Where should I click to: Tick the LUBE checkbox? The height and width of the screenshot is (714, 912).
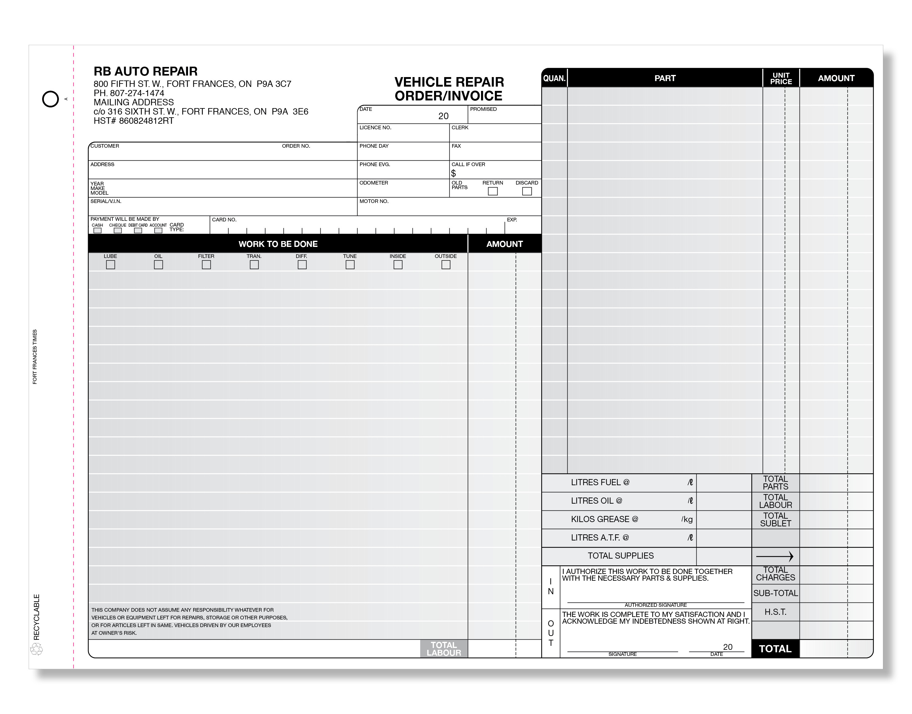pyautogui.click(x=110, y=265)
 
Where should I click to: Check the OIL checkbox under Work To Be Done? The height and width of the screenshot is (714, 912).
pyautogui.click(x=158, y=265)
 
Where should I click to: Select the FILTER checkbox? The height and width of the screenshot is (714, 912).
pyautogui.click(x=206, y=265)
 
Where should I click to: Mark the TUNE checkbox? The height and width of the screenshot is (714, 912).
pyautogui.click(x=350, y=265)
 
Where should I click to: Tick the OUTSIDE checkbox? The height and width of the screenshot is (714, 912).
pyautogui.click(x=446, y=265)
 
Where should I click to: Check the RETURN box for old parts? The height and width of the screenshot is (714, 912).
pyautogui.click(x=493, y=191)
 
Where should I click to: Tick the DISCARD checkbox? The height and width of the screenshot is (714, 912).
pyautogui.click(x=527, y=191)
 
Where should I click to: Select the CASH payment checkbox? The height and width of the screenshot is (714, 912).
pyautogui.click(x=97, y=230)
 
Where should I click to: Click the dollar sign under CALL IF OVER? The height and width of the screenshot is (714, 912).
pyautogui.click(x=454, y=173)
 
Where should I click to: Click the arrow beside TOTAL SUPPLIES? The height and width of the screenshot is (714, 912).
pyautogui.click(x=775, y=556)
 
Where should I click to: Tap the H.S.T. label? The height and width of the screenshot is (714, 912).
pyautogui.click(x=775, y=612)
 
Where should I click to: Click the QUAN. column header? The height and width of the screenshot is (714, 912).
pyautogui.click(x=554, y=78)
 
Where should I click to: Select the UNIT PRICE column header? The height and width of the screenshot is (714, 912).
pyautogui.click(x=781, y=78)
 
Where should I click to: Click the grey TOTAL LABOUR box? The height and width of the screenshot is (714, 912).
pyautogui.click(x=444, y=649)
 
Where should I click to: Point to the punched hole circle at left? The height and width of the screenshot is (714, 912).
pyautogui.click(x=51, y=99)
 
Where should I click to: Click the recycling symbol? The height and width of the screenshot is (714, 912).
pyautogui.click(x=36, y=649)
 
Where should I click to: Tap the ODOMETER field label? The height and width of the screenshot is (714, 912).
pyautogui.click(x=374, y=183)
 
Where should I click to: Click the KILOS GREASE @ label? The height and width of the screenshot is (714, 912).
pyautogui.click(x=604, y=519)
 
